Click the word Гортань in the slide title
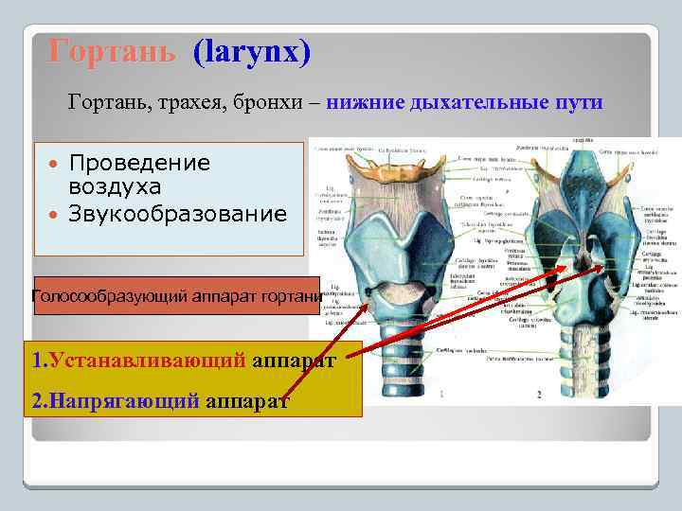[x=111, y=51]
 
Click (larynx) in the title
[x=251, y=51]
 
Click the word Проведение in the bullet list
[x=139, y=163]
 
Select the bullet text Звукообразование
[x=177, y=215]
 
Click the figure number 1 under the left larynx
[x=441, y=393]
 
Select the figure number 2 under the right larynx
[x=538, y=393]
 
